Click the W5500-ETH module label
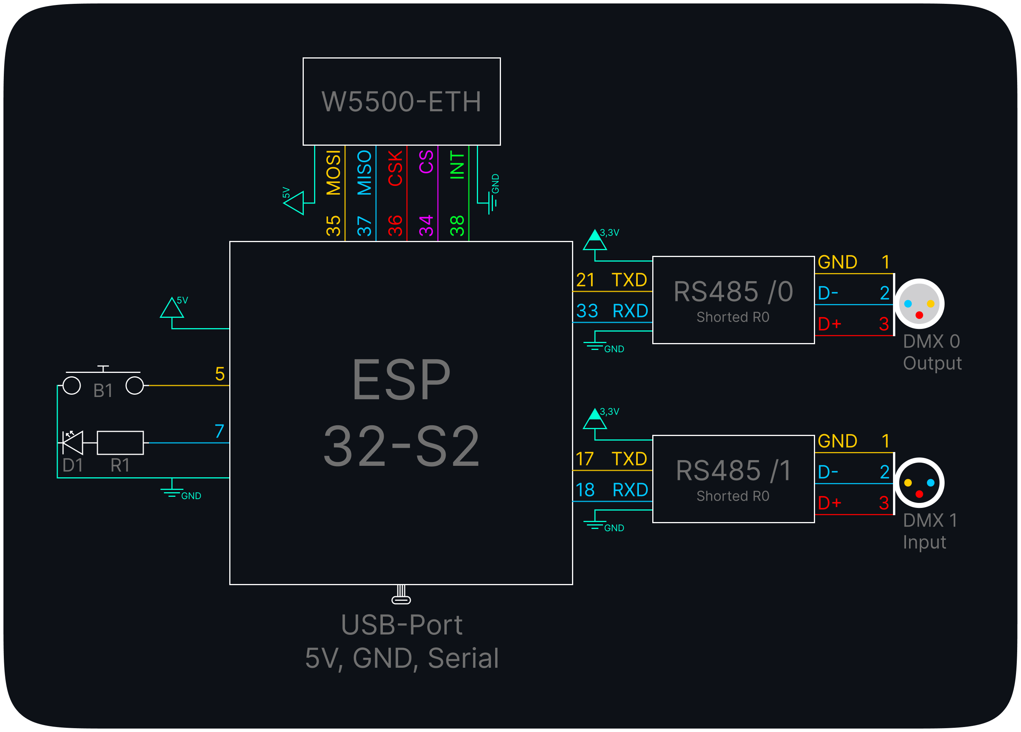(x=401, y=101)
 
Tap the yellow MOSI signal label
(x=334, y=173)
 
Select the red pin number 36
(x=395, y=226)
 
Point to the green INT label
(x=457, y=165)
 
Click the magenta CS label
(x=426, y=162)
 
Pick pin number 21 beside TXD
(x=586, y=280)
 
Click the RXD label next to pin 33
(x=630, y=311)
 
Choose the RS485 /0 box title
(x=733, y=291)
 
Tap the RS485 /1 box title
(x=733, y=471)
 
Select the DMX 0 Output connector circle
(x=919, y=304)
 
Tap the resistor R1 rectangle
(x=120, y=443)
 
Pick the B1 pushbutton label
(x=103, y=390)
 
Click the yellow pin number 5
(x=220, y=374)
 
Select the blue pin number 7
(x=219, y=431)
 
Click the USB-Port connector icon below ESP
(x=401, y=595)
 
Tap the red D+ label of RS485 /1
(x=829, y=503)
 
